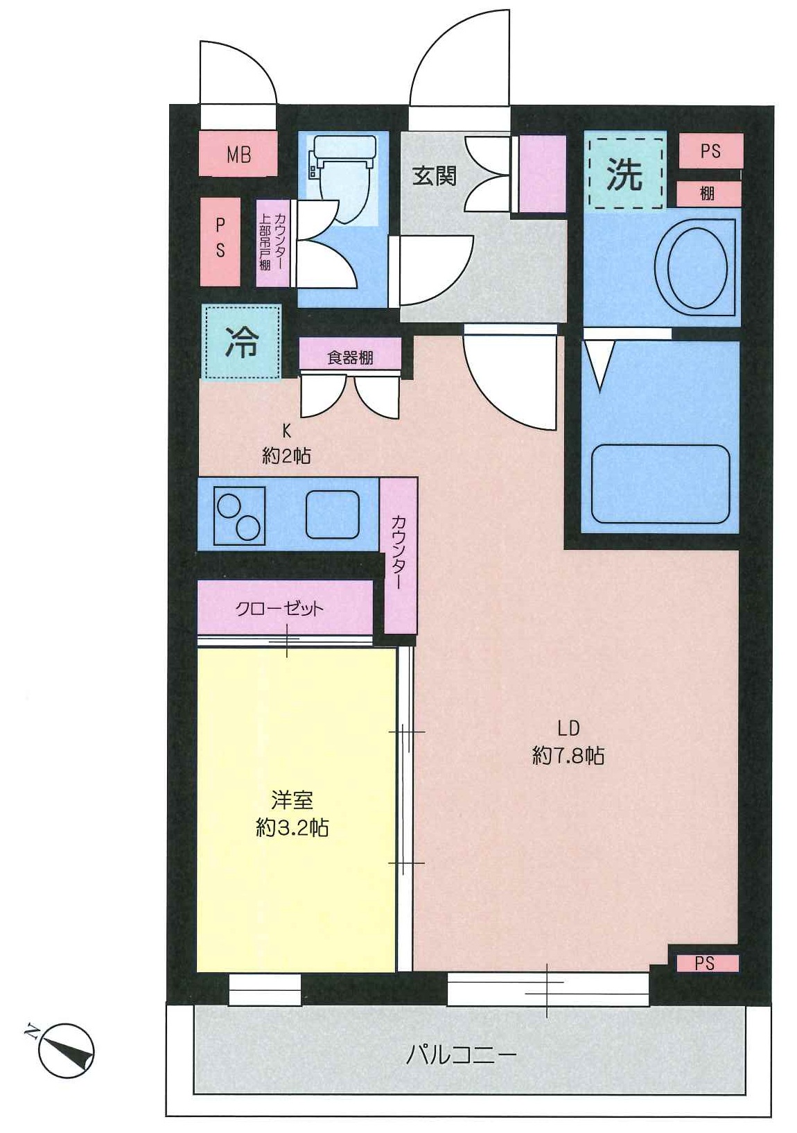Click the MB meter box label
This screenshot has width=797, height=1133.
238,154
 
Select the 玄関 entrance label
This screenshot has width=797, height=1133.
435,175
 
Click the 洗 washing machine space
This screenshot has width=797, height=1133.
626,173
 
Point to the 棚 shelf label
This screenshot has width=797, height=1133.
708,193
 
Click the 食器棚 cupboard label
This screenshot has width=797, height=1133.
350,358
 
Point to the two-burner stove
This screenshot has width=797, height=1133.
240,516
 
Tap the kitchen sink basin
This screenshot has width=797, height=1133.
333,515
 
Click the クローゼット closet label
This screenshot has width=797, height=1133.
279,609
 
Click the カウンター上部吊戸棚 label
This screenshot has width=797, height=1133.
272,243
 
